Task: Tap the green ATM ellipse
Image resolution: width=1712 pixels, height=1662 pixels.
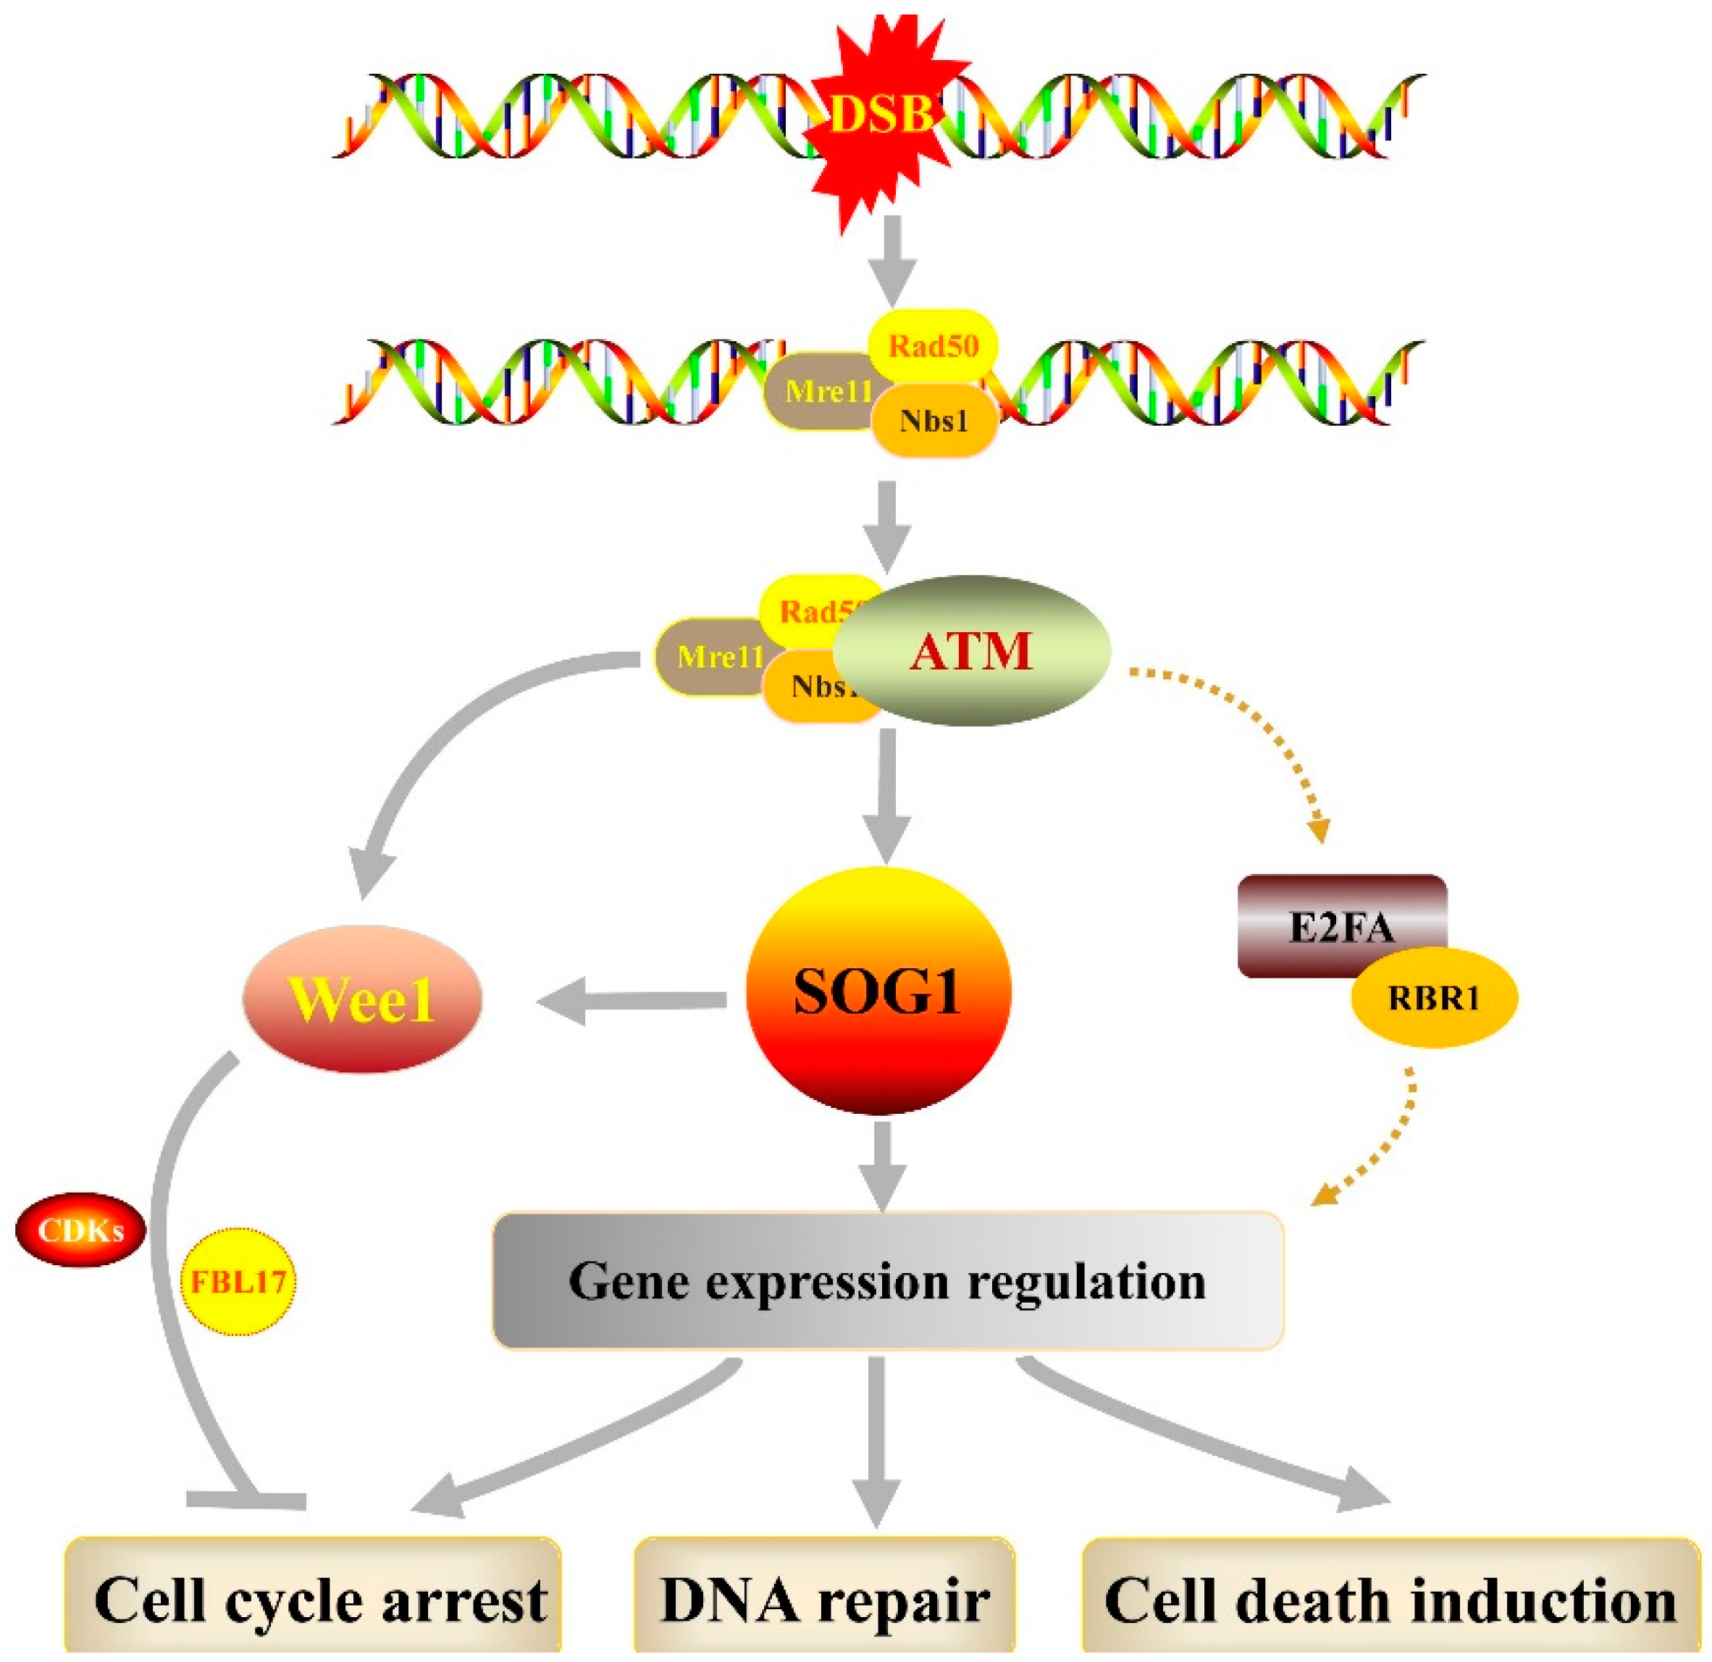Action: click(971, 650)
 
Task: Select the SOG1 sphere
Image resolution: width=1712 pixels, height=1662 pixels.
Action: click(878, 991)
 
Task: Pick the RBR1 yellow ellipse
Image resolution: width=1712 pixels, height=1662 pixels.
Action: click(1433, 997)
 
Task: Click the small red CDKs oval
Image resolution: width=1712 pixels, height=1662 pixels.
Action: click(80, 1230)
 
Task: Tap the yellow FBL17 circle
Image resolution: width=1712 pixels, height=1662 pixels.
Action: click(238, 1281)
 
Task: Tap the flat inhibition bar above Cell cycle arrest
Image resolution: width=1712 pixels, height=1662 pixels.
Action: click(246, 1501)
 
